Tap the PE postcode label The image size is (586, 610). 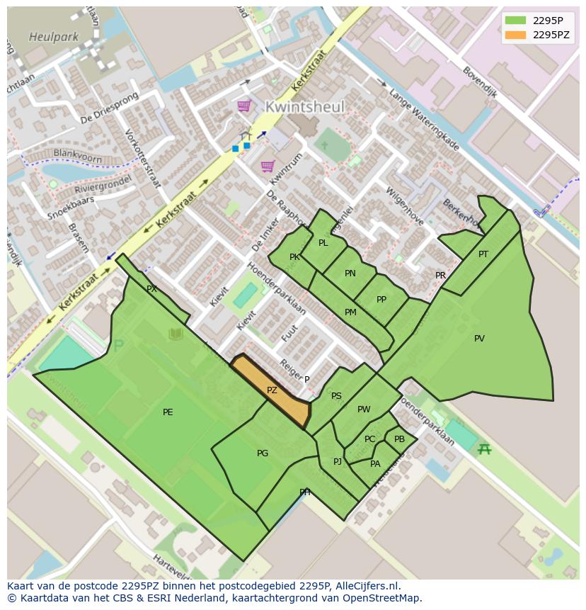(x=168, y=412)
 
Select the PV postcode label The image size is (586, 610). (x=479, y=339)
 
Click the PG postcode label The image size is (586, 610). (x=263, y=453)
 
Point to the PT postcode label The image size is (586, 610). (x=483, y=254)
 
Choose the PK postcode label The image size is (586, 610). (x=294, y=257)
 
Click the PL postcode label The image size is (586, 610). (x=323, y=243)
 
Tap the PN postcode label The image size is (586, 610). (x=350, y=273)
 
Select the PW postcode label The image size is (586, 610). (x=364, y=410)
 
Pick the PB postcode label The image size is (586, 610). (x=400, y=439)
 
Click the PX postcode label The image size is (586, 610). (x=151, y=289)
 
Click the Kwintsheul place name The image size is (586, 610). (x=305, y=107)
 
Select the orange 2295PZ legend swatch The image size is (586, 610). (x=515, y=35)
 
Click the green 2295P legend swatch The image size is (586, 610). (x=515, y=20)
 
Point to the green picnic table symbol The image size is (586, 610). (x=484, y=448)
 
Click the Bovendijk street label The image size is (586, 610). (x=480, y=82)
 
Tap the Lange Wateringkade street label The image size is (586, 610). (x=424, y=120)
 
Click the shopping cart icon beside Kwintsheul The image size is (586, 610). (x=244, y=106)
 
